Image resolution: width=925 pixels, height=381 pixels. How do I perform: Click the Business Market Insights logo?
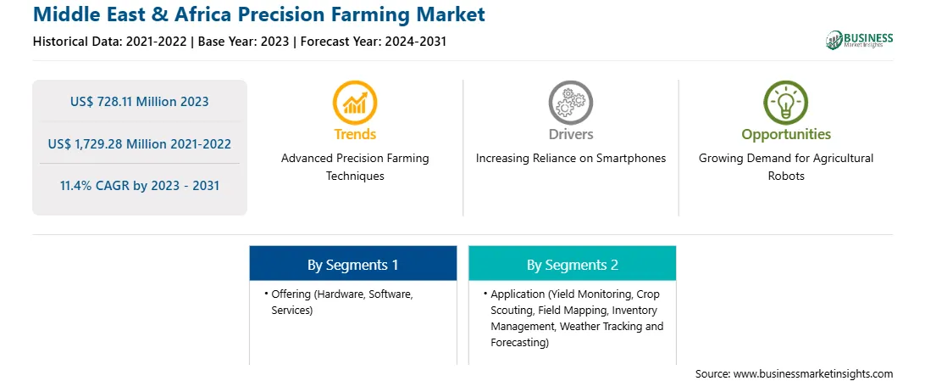coord(860,40)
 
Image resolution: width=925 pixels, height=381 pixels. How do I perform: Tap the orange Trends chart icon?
coord(355,102)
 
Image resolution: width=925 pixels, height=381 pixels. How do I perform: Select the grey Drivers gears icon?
coord(570,102)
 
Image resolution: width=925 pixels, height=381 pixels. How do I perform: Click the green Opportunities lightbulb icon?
coord(786,102)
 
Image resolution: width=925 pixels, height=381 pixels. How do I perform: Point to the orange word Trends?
coord(355,134)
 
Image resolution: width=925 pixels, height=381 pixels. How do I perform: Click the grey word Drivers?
coord(570,134)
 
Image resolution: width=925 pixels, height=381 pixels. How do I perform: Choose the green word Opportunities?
coord(786,135)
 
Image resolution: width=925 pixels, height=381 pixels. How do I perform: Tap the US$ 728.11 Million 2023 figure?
coord(139,102)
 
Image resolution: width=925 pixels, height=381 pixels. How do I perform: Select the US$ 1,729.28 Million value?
coord(117,143)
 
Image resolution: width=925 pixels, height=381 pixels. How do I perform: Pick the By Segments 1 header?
coord(352,266)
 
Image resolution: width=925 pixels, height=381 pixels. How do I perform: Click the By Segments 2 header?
coord(573,266)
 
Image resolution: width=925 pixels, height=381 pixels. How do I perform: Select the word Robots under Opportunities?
coord(786,176)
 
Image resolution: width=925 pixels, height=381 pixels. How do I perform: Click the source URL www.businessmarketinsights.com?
coord(813,374)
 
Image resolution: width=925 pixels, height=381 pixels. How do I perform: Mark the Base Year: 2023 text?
coord(244,42)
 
